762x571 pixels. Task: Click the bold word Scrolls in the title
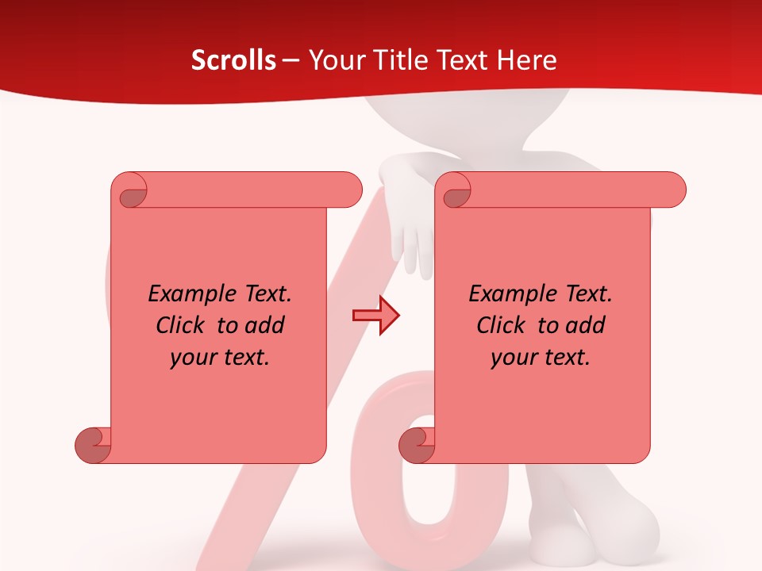(233, 60)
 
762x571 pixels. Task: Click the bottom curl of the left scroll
(93, 445)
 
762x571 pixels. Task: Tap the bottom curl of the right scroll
(417, 445)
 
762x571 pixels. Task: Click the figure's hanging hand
(414, 238)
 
